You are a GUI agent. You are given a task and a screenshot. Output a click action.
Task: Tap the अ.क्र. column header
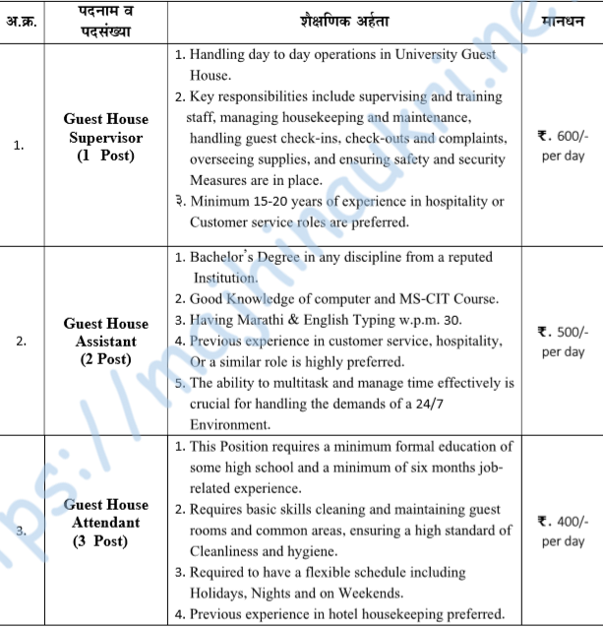point(20,21)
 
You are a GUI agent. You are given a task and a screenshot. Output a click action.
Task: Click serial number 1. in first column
point(20,146)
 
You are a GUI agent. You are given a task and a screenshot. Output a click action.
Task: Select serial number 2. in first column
point(20,342)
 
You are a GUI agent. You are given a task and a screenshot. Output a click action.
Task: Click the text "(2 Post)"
point(105,359)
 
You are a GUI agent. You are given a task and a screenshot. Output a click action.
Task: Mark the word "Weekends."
point(367,593)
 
